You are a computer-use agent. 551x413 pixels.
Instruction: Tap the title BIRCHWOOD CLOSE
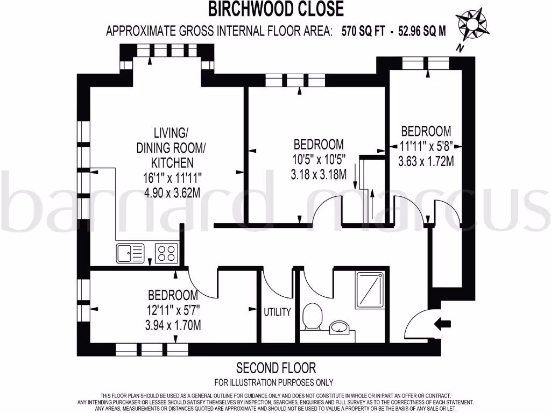click(275, 9)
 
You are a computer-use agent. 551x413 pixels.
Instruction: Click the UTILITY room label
click(277, 312)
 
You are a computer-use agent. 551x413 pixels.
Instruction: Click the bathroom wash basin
click(339, 326)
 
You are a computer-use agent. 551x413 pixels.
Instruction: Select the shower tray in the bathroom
click(370, 289)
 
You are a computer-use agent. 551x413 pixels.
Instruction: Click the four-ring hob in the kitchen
click(167, 253)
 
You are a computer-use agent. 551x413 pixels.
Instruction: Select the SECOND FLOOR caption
click(276, 368)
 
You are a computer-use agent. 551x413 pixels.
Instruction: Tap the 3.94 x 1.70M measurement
click(173, 325)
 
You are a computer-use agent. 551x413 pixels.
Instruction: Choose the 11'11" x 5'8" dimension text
click(428, 145)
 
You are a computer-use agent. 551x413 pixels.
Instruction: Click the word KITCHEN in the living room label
click(172, 162)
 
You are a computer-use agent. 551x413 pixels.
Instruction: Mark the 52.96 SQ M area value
click(422, 31)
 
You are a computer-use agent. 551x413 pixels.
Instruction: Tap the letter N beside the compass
click(460, 48)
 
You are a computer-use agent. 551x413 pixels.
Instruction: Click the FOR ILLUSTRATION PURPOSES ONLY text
click(274, 383)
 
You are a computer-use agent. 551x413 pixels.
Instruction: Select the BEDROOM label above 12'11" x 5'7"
click(173, 295)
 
